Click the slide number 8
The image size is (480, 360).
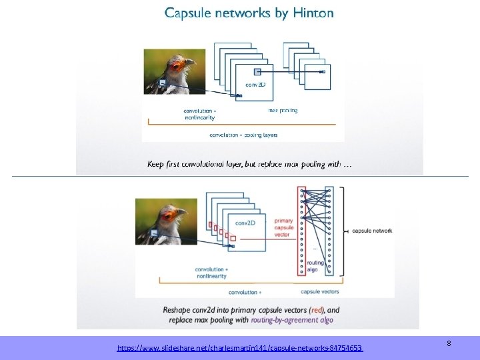(449, 343)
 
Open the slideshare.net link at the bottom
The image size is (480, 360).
(240, 348)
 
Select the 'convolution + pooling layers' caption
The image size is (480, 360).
(243, 135)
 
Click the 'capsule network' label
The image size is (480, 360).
(373, 231)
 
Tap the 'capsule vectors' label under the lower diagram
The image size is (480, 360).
(320, 291)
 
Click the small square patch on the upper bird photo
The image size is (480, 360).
(161, 83)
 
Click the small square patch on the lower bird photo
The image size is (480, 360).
(153, 233)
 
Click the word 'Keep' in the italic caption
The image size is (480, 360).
(155, 164)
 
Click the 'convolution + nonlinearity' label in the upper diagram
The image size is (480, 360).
(200, 113)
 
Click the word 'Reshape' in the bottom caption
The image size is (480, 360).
(178, 310)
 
